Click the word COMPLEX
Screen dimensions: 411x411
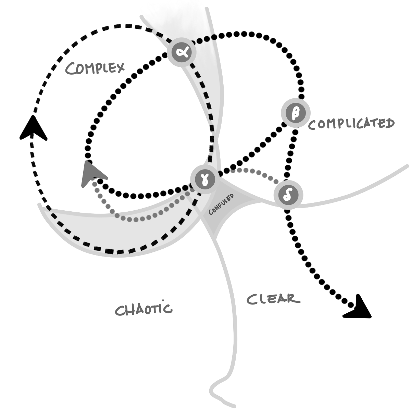point(95,68)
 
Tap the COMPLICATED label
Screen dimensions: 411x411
point(351,124)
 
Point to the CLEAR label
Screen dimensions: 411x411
point(273,299)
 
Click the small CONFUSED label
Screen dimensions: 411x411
point(221,204)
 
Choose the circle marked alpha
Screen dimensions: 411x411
point(182,52)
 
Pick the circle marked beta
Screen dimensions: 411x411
point(295,113)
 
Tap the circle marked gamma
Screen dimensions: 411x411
point(204,179)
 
